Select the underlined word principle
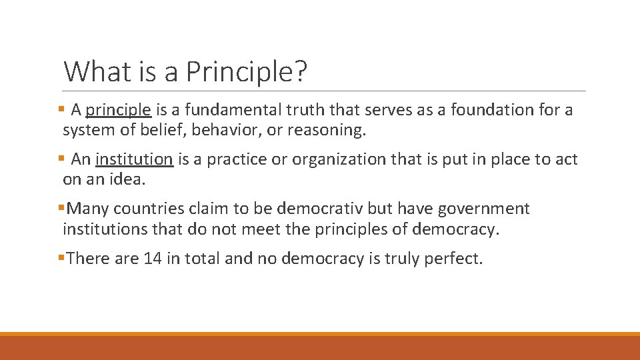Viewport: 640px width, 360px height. tap(119, 110)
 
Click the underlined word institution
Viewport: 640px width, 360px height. tap(134, 159)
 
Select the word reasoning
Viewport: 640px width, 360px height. tap(325, 130)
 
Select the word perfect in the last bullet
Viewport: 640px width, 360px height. tap(457, 258)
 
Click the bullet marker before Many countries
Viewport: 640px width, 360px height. tap(61, 209)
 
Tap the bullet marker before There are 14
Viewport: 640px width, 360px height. tap(61, 258)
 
